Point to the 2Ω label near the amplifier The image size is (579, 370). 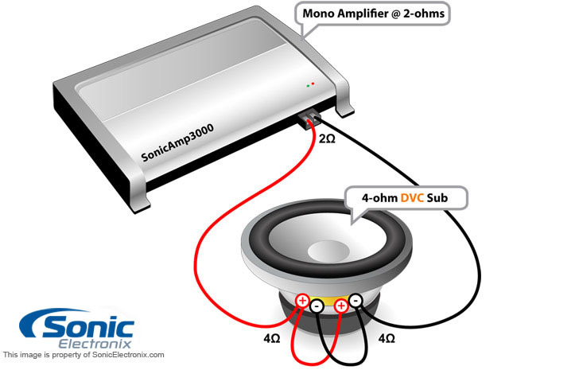pyautogui.click(x=325, y=140)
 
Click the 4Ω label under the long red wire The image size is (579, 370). pyautogui.click(x=270, y=338)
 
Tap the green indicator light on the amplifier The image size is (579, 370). pyautogui.click(x=307, y=85)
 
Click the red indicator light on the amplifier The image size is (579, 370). pyautogui.click(x=313, y=83)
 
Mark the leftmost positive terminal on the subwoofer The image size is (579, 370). pyautogui.click(x=302, y=301)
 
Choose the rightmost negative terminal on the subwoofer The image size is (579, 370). pyautogui.click(x=356, y=300)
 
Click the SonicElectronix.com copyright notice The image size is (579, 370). pyautogui.click(x=84, y=355)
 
